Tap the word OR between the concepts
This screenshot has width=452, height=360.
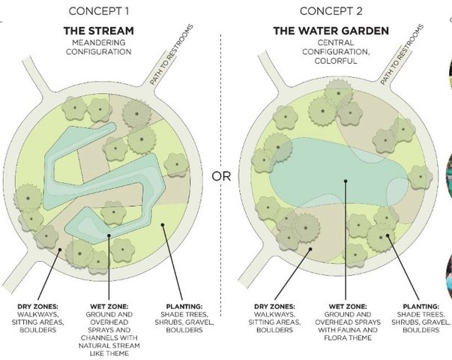(222, 177)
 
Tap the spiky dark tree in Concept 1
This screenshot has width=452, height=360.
(136, 114)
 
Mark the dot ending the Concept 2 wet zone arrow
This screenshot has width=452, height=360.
(345, 180)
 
